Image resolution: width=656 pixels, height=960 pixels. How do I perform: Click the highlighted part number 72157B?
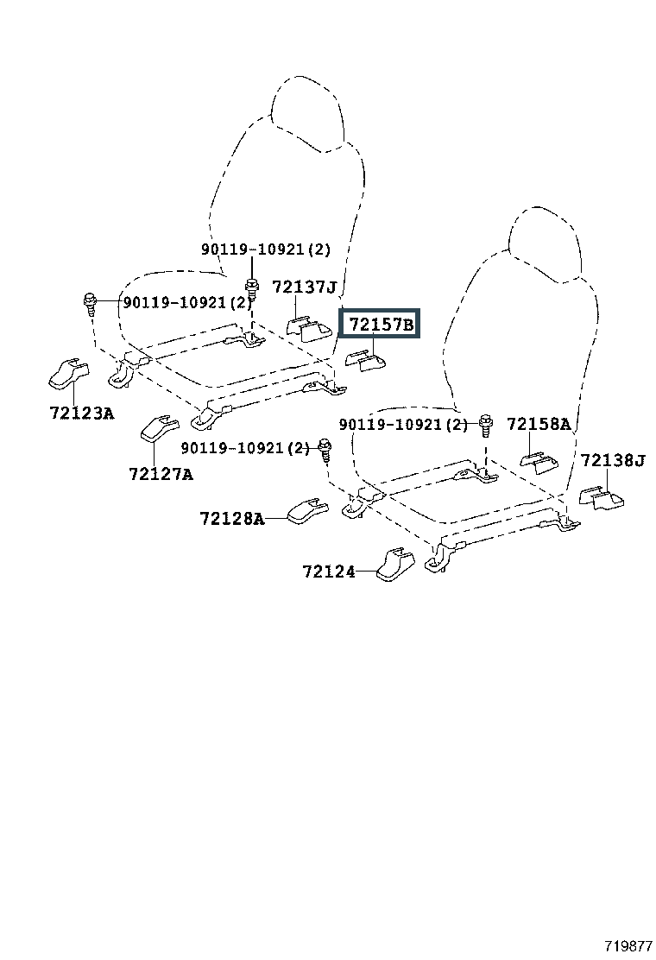tap(381, 324)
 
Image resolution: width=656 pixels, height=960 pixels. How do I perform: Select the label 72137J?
tap(305, 287)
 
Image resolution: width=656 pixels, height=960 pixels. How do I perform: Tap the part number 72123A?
tap(82, 414)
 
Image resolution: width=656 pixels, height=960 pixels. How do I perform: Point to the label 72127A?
tap(161, 474)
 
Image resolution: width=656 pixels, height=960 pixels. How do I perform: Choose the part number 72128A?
tap(232, 519)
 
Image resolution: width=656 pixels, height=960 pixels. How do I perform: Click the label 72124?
tap(329, 572)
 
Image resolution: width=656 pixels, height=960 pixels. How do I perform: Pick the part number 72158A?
tap(539, 424)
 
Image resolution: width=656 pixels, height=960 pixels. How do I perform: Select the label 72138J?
tap(613, 460)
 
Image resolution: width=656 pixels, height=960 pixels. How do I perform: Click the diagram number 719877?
tap(629, 946)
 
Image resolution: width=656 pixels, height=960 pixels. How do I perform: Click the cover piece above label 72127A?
tap(160, 427)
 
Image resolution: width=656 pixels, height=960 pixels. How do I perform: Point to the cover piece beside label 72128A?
tap(307, 512)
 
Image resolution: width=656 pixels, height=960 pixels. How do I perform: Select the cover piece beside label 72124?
tap(394, 564)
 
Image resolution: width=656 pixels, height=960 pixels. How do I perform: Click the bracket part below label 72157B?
tap(366, 361)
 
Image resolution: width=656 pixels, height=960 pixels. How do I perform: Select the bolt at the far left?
tap(90, 304)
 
